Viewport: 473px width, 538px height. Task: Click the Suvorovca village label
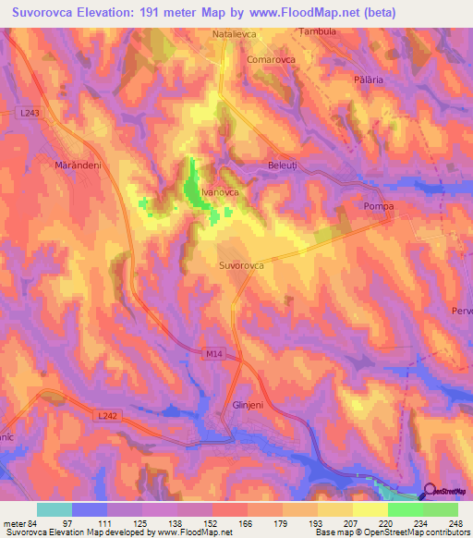point(241,265)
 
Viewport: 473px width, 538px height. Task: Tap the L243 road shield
point(29,113)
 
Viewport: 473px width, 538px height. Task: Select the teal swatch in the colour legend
point(55,509)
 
